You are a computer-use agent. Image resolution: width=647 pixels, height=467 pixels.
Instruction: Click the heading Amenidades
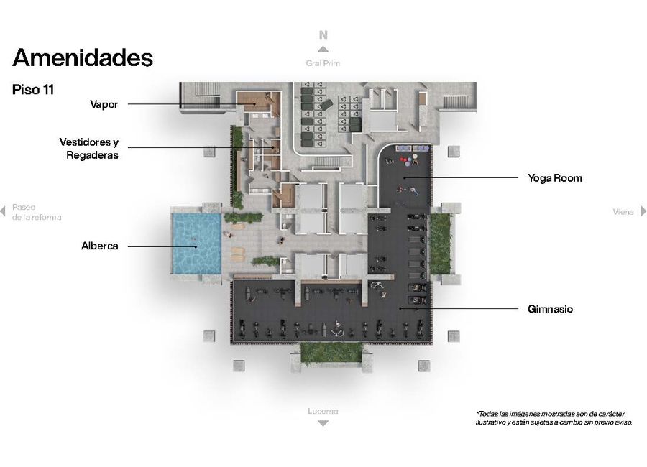[83, 57]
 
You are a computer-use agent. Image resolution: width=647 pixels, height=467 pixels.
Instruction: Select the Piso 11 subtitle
[33, 90]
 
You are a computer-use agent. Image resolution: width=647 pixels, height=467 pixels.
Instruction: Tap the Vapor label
[104, 104]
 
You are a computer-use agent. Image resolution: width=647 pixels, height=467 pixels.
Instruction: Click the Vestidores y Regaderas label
[88, 149]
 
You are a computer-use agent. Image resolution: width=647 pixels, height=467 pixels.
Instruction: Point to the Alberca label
[100, 246]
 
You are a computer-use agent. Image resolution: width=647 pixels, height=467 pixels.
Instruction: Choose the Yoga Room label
[555, 178]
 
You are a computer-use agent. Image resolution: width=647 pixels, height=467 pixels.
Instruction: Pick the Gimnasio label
[550, 309]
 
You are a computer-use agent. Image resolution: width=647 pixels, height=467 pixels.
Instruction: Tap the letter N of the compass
[323, 35]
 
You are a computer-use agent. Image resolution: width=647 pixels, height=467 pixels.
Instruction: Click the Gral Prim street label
[323, 63]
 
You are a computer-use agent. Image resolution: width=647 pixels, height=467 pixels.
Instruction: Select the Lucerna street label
[323, 411]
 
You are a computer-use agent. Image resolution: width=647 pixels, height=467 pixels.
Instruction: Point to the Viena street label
[623, 212]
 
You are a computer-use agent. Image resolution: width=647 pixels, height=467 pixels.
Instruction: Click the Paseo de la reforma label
[37, 212]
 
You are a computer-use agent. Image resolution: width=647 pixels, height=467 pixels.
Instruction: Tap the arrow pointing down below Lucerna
[323, 423]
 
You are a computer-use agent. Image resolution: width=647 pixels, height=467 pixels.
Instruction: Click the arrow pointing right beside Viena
[643, 211]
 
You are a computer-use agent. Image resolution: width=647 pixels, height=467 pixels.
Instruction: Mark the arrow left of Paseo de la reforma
[3, 211]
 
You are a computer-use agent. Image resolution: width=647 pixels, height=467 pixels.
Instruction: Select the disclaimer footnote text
[554, 417]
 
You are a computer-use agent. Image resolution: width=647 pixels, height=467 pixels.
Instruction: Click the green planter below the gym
[331, 353]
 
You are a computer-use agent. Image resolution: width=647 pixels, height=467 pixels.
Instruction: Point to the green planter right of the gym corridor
[440, 244]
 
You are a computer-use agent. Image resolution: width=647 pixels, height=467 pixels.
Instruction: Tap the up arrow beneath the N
[323, 49]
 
